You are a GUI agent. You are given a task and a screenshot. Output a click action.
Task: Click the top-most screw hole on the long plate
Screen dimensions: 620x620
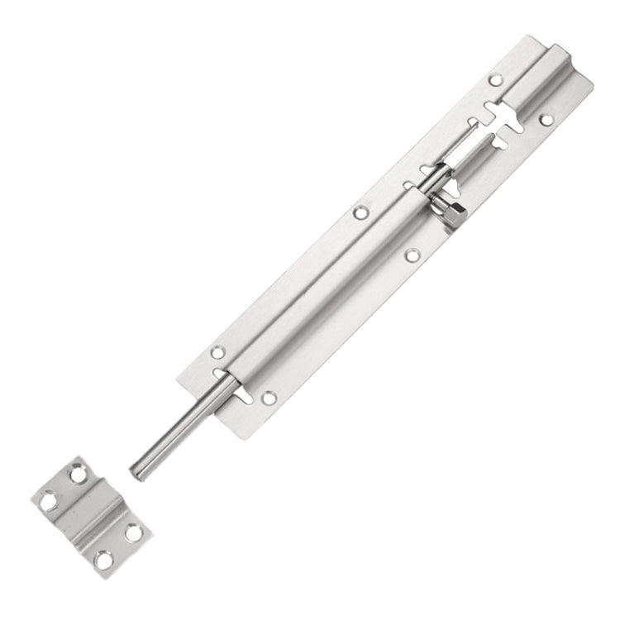tap(496, 80)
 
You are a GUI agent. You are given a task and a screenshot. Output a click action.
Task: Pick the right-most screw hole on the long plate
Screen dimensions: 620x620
tap(546, 121)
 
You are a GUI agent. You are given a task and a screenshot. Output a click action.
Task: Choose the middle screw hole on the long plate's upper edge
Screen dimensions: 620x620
tap(360, 213)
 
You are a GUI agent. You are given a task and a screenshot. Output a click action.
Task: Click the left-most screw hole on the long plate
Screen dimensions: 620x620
tap(217, 352)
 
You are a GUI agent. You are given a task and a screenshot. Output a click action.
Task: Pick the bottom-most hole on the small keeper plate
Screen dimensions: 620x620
tap(103, 560)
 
